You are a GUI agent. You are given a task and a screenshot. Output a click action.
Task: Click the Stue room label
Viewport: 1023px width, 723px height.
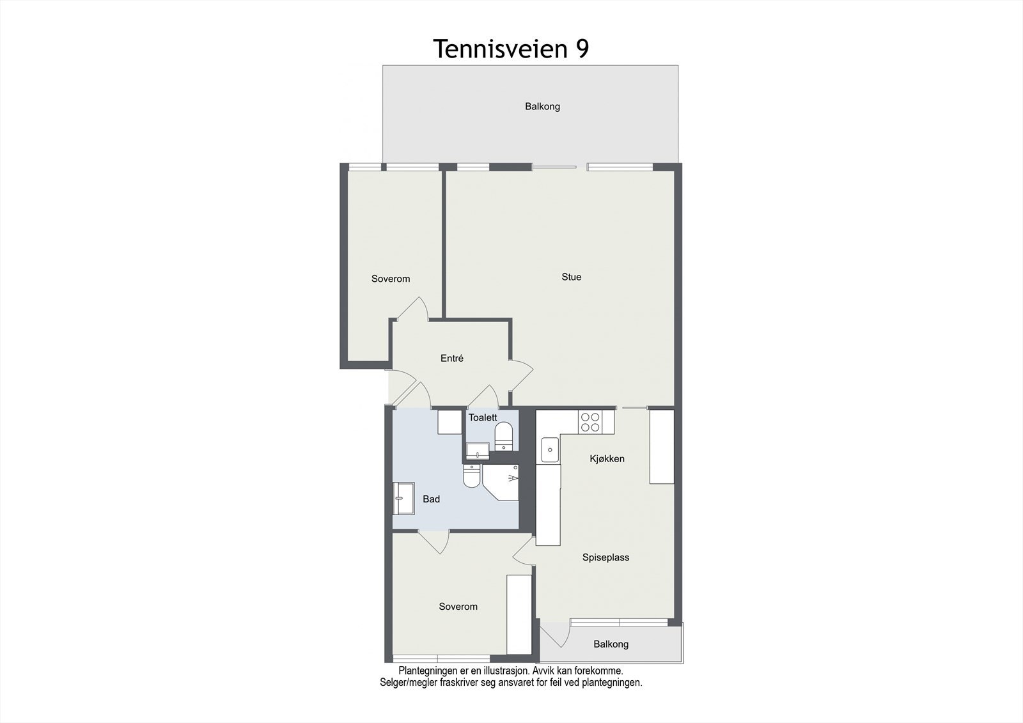point(571,277)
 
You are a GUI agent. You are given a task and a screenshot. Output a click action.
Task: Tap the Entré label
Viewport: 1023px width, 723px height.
point(451,359)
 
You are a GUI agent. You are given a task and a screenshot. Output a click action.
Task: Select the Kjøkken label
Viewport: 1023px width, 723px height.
point(607,459)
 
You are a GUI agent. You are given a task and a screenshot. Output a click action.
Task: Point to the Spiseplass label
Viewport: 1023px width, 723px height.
point(605,557)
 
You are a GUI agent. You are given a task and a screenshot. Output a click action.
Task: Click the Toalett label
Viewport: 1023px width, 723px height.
point(482,417)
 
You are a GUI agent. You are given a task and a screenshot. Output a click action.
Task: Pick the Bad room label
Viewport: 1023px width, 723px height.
point(431,499)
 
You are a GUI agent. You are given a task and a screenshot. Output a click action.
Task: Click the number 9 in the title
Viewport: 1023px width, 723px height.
point(582,49)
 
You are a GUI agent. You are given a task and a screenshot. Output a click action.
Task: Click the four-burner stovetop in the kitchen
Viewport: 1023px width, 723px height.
point(590,421)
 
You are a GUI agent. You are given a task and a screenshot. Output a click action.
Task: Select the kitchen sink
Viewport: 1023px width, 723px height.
point(549,449)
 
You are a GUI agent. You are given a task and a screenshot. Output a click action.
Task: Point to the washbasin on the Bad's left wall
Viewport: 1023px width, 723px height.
point(404,498)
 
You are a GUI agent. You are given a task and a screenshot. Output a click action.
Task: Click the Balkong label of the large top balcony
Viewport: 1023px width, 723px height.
point(542,107)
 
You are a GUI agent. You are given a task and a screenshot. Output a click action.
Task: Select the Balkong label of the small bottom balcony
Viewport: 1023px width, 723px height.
point(611,644)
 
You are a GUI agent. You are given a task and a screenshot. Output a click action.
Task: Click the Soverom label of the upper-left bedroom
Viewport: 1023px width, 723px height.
point(390,279)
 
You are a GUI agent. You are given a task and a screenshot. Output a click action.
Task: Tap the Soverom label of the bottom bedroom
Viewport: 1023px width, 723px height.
point(458,607)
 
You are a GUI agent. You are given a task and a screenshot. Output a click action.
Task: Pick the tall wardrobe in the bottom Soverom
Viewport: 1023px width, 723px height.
point(519,614)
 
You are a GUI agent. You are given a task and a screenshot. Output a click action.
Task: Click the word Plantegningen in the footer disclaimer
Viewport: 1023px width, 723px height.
point(428,671)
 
